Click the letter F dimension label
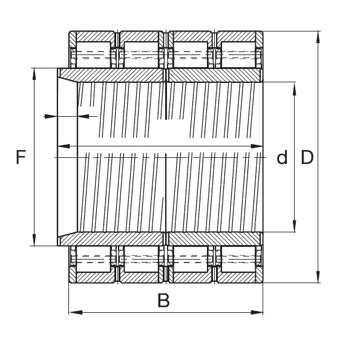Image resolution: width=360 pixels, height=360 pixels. click(x=21, y=158)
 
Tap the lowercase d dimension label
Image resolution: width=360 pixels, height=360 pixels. click(x=281, y=159)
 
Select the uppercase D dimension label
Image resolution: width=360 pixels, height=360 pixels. click(x=307, y=158)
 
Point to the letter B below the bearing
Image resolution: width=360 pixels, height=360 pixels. click(x=163, y=300)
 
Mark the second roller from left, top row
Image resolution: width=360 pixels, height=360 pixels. click(x=140, y=55)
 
